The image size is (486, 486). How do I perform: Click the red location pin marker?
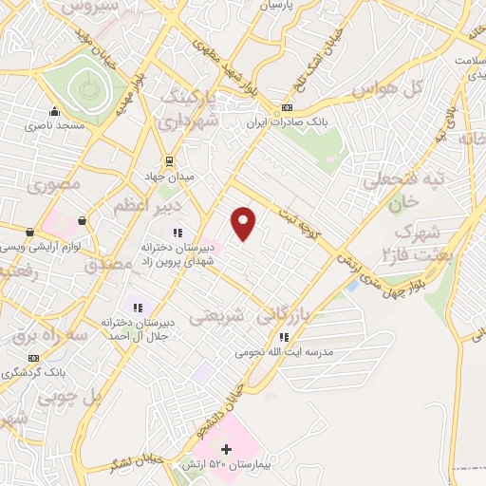coord(244,223)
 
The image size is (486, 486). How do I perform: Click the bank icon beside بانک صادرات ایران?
coord(288,110)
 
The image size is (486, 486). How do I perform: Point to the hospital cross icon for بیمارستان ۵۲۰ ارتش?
coord(226,448)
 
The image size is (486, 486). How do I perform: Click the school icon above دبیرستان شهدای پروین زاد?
coord(177,232)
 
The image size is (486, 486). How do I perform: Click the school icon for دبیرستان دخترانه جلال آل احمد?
coord(138,307)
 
